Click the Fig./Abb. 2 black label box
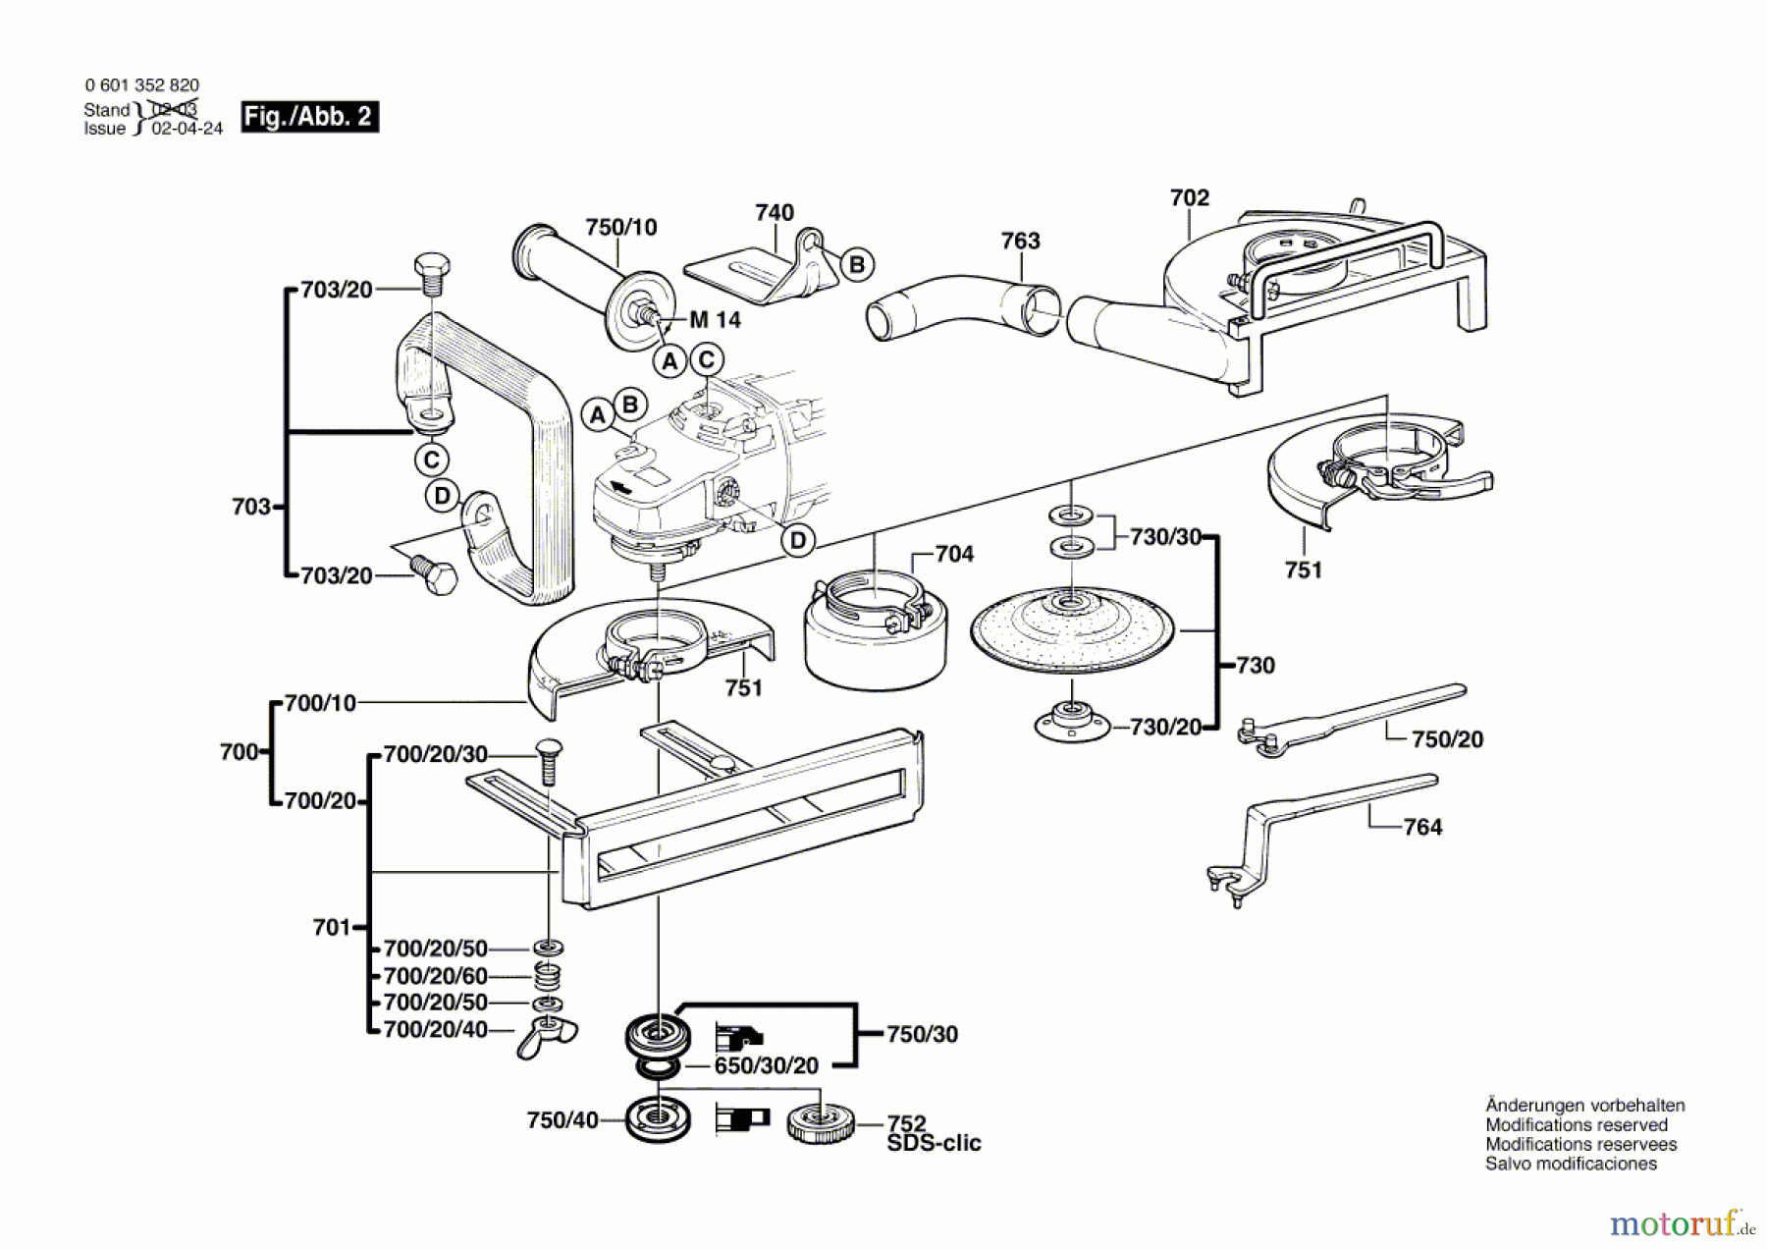pyautogui.click(x=309, y=117)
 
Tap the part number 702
pyautogui.click(x=1190, y=198)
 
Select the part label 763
pyautogui.click(x=1020, y=241)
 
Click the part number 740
pyautogui.click(x=775, y=213)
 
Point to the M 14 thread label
pyautogui.click(x=715, y=320)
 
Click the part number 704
pyautogui.click(x=954, y=555)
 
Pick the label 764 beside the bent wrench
pyautogui.click(x=1422, y=828)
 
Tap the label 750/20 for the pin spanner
pyautogui.click(x=1447, y=739)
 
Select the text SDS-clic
pyautogui.click(x=934, y=1144)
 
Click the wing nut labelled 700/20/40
pyautogui.click(x=547, y=1034)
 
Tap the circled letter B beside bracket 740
pyautogui.click(x=857, y=264)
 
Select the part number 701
pyautogui.click(x=331, y=928)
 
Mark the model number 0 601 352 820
pyautogui.click(x=142, y=85)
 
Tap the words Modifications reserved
pyautogui.click(x=1576, y=1125)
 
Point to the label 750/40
pyautogui.click(x=562, y=1120)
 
